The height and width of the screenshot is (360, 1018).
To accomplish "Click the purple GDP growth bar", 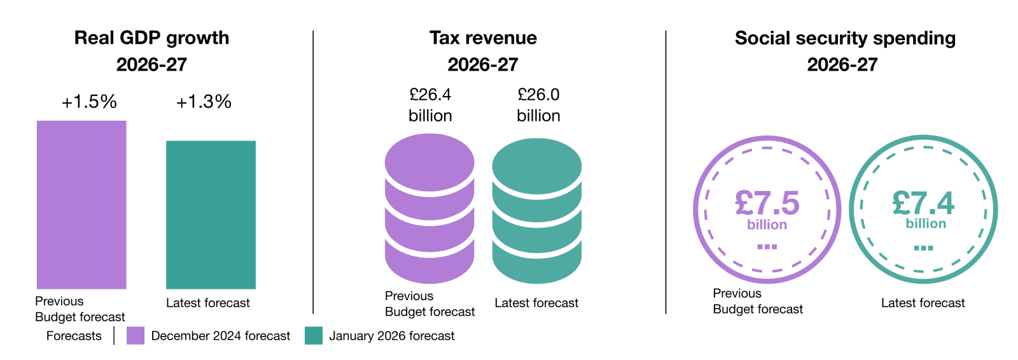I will tap(81, 205).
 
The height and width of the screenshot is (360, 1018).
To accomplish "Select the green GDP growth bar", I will tap(211, 215).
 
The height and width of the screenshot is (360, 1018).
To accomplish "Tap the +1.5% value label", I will tap(89, 102).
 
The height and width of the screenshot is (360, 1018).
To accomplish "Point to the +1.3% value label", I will tap(204, 102).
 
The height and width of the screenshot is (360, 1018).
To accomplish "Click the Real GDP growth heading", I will tap(151, 38).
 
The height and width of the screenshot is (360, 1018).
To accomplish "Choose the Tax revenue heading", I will tap(483, 38).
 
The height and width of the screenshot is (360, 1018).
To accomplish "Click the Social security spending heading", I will tap(845, 38).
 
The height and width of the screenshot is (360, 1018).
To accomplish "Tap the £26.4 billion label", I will tap(430, 105).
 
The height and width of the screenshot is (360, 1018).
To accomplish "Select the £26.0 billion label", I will tap(538, 105).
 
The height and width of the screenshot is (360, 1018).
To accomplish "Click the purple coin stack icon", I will tap(429, 209).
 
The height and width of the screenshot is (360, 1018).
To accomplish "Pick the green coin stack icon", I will tap(537, 211).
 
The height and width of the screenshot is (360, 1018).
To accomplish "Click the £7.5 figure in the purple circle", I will tap(767, 204).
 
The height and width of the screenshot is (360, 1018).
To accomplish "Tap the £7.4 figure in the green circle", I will tap(923, 204).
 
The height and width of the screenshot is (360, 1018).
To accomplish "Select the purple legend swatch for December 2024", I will tap(136, 336).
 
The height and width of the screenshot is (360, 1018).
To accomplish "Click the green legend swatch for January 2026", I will tap(314, 336).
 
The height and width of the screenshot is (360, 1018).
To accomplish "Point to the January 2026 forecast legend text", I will tap(392, 336).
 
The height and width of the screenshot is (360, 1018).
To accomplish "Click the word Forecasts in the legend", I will tap(74, 336).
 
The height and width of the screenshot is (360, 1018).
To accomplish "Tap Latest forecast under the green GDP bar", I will tap(208, 303).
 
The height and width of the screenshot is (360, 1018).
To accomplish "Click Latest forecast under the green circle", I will tap(923, 303).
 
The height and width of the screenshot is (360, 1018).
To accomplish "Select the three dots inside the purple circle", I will tap(767, 247).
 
